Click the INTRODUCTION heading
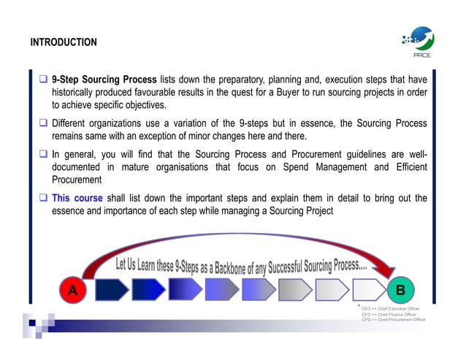point(64,42)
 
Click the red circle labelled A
point(72,289)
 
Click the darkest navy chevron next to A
point(110,289)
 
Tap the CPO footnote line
point(394,320)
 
